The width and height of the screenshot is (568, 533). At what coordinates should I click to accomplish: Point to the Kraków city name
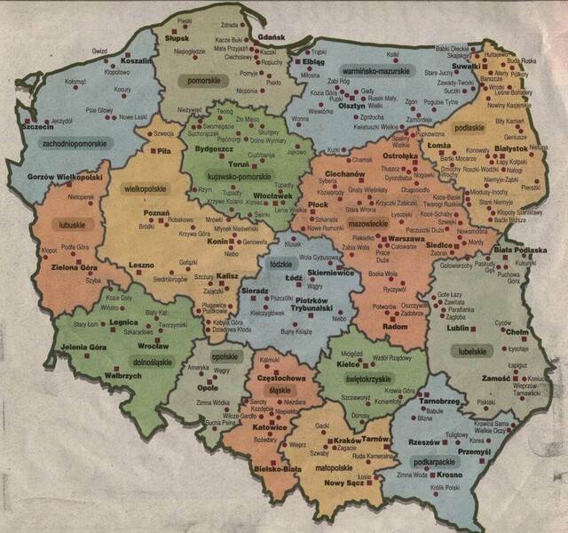pos(348,440)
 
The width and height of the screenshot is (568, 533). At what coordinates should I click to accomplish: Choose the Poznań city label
pos(156,214)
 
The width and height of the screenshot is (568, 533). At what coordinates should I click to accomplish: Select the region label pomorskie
pos(203,81)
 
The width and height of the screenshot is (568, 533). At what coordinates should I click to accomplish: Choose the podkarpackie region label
pos(441,462)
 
